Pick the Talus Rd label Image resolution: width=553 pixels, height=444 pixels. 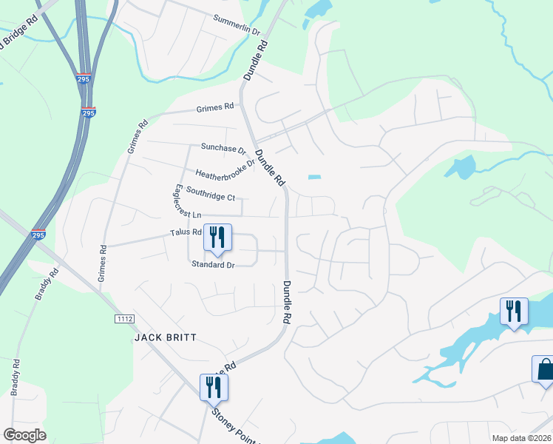point(186,232)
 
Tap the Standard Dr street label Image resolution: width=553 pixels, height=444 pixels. point(213,264)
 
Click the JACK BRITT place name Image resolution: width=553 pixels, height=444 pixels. point(166,337)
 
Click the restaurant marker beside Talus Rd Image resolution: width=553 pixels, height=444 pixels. point(217,237)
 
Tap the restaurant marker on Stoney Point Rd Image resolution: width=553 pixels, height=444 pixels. point(214,386)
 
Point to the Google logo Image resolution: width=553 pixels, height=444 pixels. point(24,435)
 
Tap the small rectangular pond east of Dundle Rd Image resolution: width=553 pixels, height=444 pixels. point(315,177)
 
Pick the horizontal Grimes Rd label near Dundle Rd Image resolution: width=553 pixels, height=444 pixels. point(215,108)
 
